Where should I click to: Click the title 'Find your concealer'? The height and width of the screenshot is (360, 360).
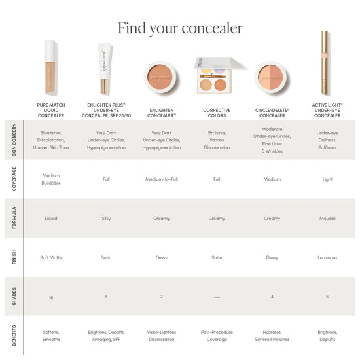180,28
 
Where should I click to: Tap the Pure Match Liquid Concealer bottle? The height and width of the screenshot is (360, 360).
50,67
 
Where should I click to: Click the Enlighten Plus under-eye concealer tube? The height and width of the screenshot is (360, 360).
105,68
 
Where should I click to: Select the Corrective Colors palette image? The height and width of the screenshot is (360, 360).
217,75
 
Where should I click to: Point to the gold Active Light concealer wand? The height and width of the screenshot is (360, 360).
325,63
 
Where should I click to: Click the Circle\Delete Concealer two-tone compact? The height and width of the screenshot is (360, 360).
271,77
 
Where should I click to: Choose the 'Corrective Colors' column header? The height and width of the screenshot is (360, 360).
217,113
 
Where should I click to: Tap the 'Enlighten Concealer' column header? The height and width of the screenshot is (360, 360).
162,113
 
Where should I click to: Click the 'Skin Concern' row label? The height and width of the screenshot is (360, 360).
14,140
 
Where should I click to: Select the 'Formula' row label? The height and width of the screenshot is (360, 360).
14,218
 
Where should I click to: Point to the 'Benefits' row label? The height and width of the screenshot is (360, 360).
14,335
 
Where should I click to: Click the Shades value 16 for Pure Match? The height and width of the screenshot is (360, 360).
51,298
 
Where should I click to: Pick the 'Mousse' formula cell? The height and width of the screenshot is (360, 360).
327,218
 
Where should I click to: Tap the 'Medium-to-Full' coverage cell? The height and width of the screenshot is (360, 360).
162,179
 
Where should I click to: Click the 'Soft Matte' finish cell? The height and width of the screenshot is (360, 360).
51,257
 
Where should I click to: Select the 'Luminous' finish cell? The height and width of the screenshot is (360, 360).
327,257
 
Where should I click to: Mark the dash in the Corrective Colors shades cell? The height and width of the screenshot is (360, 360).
217,298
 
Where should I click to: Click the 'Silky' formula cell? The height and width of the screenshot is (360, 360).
106,218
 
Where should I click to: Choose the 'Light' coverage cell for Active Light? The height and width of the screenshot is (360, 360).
327,179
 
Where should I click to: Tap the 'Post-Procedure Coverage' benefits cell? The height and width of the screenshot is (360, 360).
217,336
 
